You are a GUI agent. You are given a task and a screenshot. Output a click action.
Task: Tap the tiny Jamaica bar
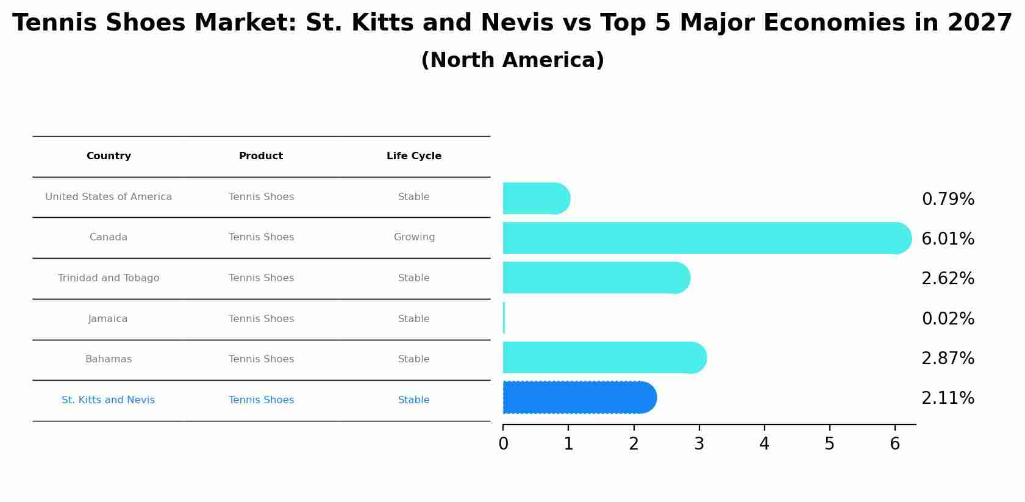coord(504,318)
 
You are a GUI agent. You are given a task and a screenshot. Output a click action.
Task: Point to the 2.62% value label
coord(948,279)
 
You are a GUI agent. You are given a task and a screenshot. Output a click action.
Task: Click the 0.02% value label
coord(948,319)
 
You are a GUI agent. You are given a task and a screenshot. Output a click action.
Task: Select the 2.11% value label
coord(948,398)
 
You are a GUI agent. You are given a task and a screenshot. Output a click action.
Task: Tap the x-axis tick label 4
coord(764,444)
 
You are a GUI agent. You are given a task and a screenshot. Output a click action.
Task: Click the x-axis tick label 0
coord(503,444)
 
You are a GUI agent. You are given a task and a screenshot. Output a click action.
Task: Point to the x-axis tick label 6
coord(895,444)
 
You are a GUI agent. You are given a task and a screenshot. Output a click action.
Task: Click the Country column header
coord(109,156)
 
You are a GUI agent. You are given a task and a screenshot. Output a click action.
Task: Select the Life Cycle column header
coord(414,156)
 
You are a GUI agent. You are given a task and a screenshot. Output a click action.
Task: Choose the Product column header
coord(261,156)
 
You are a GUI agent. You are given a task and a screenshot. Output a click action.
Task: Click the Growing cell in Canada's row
coord(414,237)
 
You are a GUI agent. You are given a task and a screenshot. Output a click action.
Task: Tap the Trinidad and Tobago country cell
coord(109,278)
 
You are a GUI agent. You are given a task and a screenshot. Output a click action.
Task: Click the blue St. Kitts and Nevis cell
coord(108,400)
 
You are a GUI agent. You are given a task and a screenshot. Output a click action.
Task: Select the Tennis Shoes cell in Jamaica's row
coord(261,319)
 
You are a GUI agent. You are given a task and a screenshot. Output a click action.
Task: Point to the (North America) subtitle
coord(512,60)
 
